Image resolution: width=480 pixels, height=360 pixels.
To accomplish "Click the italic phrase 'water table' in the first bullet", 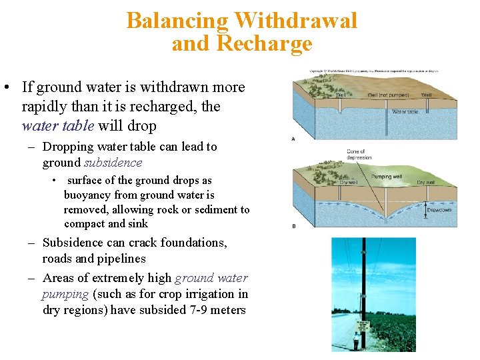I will tap(56, 125).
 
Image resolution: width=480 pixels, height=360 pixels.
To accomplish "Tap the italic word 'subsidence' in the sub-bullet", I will tap(113, 163).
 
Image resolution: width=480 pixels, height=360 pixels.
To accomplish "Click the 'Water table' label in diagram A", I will tap(405, 112).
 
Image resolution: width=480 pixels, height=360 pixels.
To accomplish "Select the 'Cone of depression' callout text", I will tap(359, 155).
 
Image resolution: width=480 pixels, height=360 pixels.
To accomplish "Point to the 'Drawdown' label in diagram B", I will tap(439, 210).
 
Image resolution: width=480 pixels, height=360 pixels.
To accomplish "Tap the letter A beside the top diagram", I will tap(294, 138).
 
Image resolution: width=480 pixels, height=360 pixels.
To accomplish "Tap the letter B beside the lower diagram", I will tap(294, 226).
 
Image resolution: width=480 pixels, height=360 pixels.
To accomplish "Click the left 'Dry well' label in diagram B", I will tap(349, 182).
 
